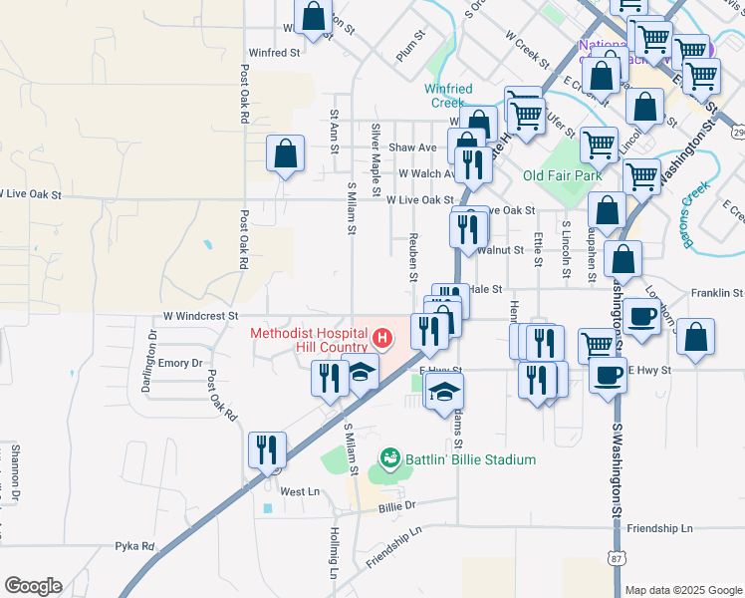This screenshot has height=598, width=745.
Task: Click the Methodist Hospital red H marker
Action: pyautogui.click(x=380, y=340)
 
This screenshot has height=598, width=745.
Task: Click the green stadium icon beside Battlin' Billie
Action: pyautogui.click(x=390, y=459)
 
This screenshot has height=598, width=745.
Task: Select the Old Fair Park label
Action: pyautogui.click(x=563, y=175)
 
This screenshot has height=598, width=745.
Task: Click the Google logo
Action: pyautogui.click(x=33, y=586)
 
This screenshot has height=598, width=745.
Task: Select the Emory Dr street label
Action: pyautogui.click(x=180, y=364)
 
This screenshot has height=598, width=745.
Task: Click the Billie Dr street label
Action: pyautogui.click(x=396, y=506)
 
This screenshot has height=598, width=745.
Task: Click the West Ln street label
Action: pyautogui.click(x=300, y=491)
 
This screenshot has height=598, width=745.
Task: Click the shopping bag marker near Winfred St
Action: pyautogui.click(x=313, y=17)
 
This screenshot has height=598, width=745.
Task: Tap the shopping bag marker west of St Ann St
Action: pyautogui.click(x=286, y=154)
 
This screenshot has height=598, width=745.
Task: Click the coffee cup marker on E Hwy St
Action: pyautogui.click(x=608, y=375)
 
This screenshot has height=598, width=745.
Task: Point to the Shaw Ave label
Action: pyautogui.click(x=412, y=148)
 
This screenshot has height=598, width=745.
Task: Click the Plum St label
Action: pyautogui.click(x=410, y=48)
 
